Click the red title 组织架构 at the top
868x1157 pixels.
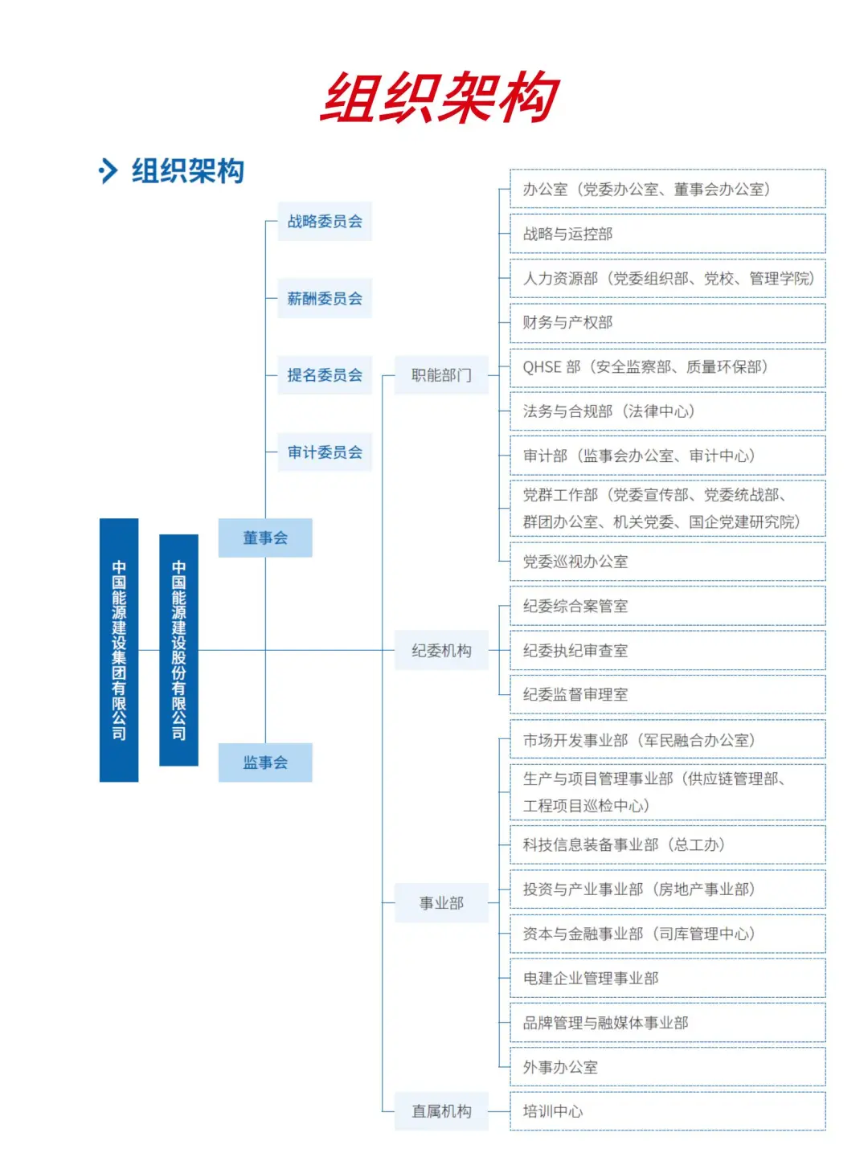[x=439, y=98]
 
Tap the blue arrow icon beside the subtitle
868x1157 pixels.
[x=107, y=170]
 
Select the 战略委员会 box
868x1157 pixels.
[x=325, y=221]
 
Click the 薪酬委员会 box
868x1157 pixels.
[x=325, y=298]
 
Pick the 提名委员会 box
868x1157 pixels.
[x=325, y=375]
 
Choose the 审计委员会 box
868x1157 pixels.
[x=325, y=452]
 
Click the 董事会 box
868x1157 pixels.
[x=265, y=538]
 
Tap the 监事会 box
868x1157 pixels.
[x=265, y=762]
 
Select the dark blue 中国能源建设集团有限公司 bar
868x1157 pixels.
[x=119, y=649]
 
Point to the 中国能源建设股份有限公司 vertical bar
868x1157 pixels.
[x=178, y=649]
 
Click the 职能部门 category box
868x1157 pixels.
[x=441, y=375]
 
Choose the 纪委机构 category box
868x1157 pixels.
[x=441, y=651]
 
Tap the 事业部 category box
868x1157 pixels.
[x=441, y=903]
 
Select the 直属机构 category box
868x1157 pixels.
[x=441, y=1111]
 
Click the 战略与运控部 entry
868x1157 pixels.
[x=667, y=234]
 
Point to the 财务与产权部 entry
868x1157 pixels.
[x=667, y=322]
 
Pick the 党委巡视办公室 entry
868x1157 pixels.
[x=667, y=562]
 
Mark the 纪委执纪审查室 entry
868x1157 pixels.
[x=667, y=651]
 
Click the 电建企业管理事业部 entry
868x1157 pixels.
[x=667, y=978]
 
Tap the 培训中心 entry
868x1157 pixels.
[x=667, y=1111]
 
